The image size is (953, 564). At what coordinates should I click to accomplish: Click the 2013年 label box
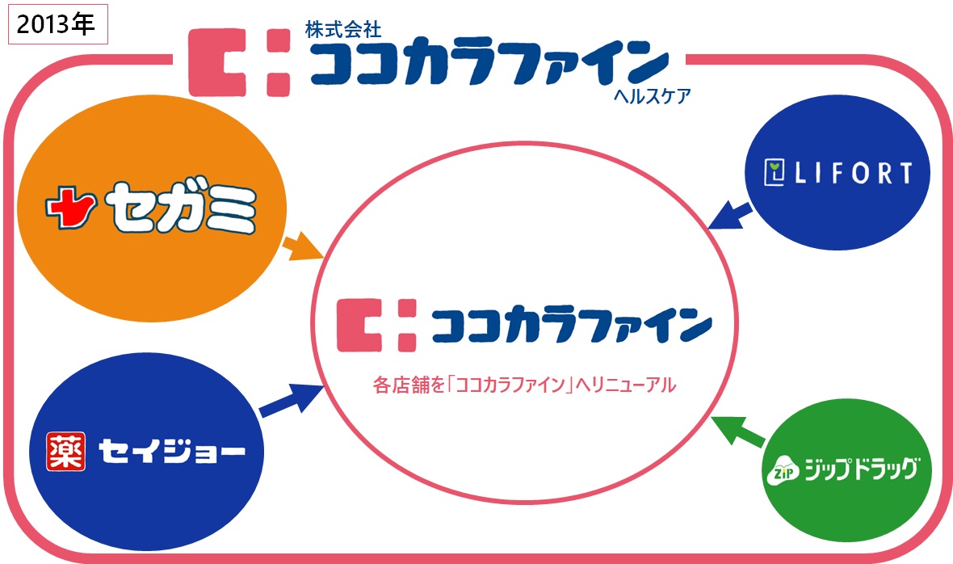pyautogui.click(x=57, y=25)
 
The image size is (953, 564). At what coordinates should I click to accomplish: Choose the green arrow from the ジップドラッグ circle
pyautogui.click(x=738, y=431)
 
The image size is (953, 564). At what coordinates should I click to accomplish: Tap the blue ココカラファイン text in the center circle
pyautogui.click(x=570, y=326)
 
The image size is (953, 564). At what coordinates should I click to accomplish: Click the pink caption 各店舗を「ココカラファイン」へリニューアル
pyautogui.click(x=523, y=385)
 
